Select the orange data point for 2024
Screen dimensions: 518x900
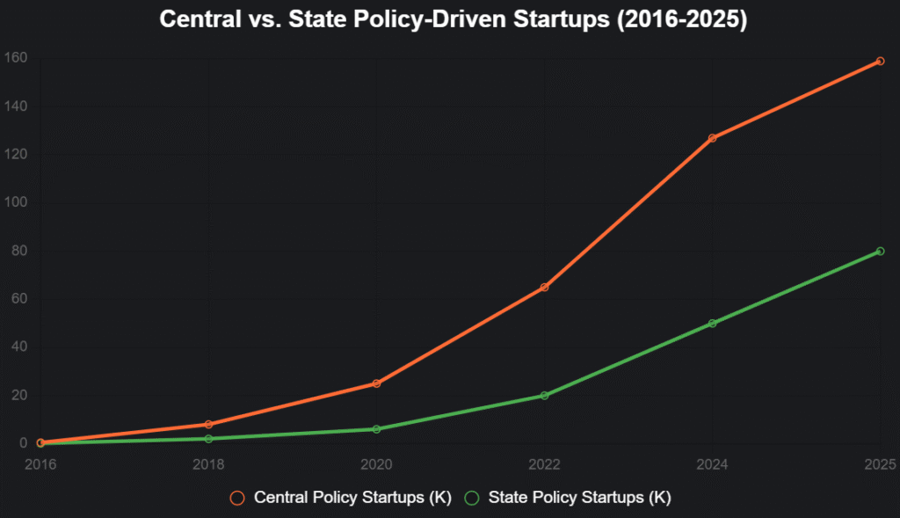coord(712,138)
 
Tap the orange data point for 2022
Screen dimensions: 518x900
coord(544,288)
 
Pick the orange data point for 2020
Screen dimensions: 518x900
coord(376,383)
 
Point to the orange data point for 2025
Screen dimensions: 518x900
coord(880,61)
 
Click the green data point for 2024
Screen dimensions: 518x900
coord(712,324)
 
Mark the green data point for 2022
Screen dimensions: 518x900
coord(544,396)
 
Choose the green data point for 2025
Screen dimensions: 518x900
coord(880,252)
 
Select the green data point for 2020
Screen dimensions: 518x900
coord(376,429)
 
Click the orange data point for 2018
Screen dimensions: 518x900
coord(208,425)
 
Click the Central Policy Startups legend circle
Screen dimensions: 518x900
coord(237,498)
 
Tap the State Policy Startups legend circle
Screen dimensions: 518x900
coord(472,498)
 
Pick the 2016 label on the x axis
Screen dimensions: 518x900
coord(40,463)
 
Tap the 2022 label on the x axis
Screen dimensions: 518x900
coord(544,463)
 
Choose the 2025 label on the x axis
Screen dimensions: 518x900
coord(878,463)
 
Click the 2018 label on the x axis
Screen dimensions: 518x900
coord(208,463)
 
